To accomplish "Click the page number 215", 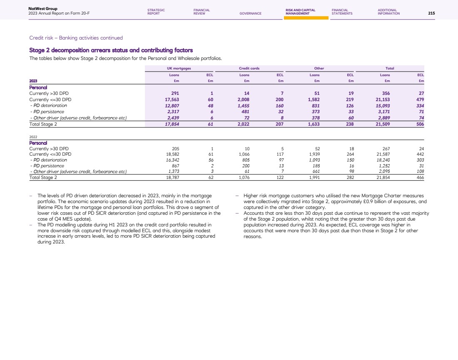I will (x=431, y=13).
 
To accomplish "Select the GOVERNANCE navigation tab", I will (x=251, y=13).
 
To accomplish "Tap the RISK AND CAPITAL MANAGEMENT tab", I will (x=300, y=12).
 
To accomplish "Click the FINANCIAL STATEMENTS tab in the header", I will (x=342, y=12).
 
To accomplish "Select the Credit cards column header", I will (x=247, y=68).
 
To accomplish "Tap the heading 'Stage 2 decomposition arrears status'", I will (x=111, y=50).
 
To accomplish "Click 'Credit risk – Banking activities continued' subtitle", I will (x=76, y=38).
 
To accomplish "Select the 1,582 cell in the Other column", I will (x=316, y=100).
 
